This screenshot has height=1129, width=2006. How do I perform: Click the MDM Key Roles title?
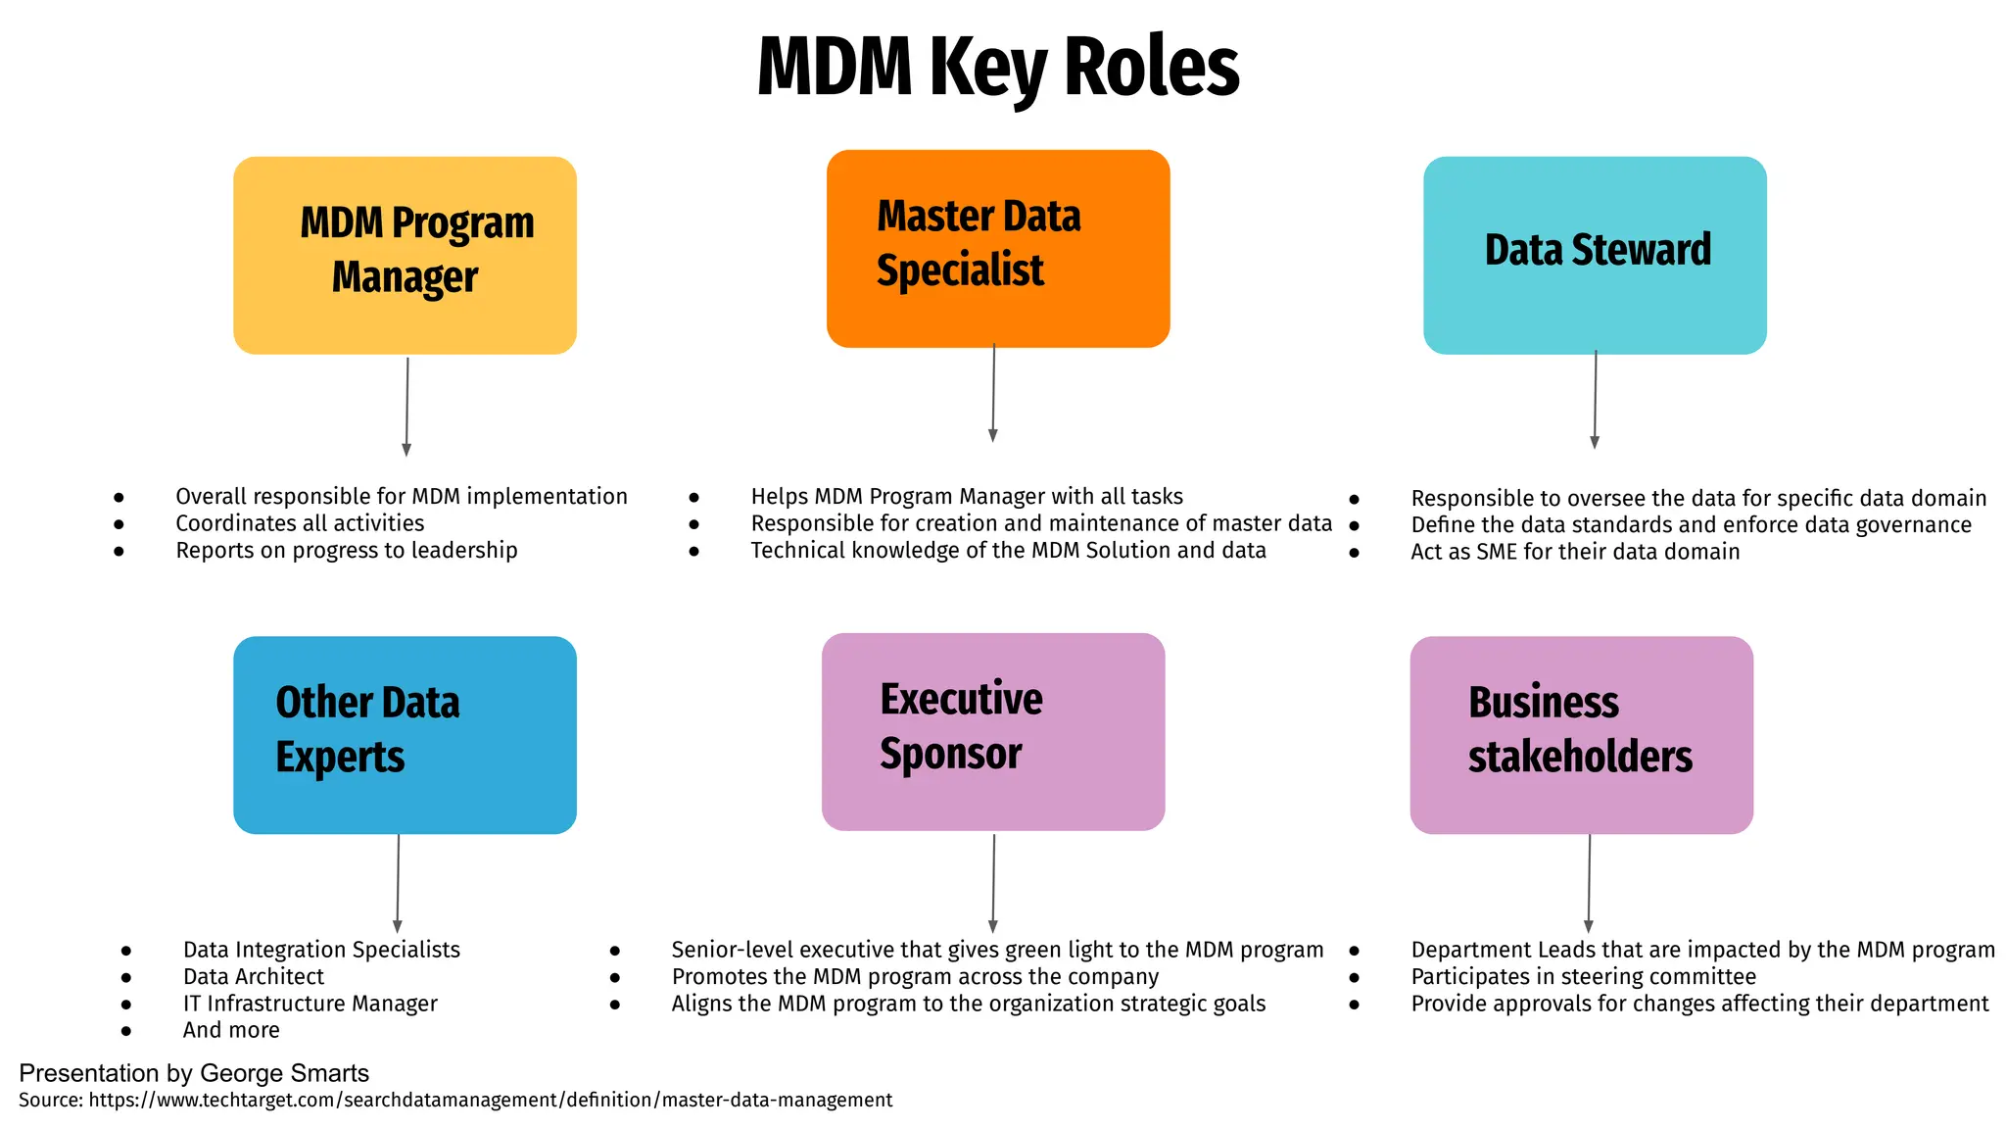coord(998,67)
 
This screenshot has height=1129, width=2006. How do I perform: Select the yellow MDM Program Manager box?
coord(405,255)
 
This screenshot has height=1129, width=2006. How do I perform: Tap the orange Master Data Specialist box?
coord(998,248)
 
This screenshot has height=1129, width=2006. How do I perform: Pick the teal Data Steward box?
coord(1595,255)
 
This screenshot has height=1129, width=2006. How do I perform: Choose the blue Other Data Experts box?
coord(405,735)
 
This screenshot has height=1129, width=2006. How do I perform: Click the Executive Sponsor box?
coord(993,731)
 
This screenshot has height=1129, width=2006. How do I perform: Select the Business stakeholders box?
coord(1581,735)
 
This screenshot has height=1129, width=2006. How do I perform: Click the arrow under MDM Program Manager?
coord(406,406)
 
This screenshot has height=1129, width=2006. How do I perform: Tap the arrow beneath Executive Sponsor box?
coord(993,883)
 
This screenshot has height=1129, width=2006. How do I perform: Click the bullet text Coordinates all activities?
coord(300,523)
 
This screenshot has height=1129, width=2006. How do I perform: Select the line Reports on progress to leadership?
coord(346,551)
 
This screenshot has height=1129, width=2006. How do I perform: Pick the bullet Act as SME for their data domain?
coord(1574,552)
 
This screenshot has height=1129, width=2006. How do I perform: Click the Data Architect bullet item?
coord(253,977)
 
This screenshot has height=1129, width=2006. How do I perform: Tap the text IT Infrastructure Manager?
coord(310,1004)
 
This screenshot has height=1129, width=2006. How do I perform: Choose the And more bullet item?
coord(231,1030)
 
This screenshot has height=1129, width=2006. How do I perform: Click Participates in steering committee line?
coord(1583,977)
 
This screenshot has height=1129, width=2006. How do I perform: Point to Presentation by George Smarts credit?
coord(194,1073)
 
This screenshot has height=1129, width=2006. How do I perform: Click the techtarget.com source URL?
coord(490,1101)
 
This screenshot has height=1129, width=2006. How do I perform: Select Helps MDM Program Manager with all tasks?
coord(966,497)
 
